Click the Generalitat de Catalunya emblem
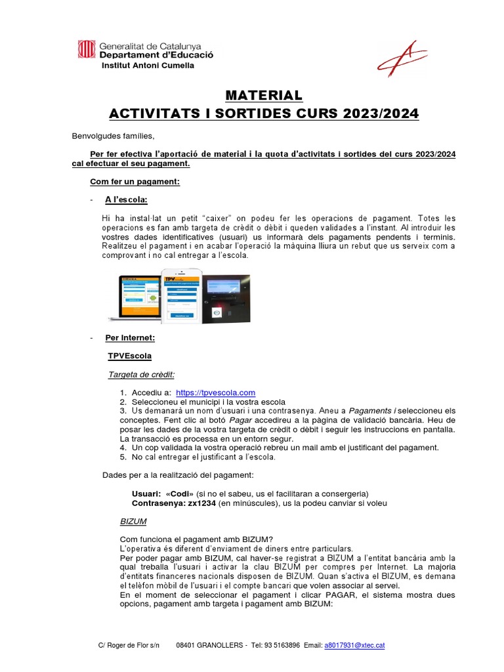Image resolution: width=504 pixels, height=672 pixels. (x=86, y=50)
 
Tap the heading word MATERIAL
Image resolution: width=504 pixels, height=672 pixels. (x=264, y=96)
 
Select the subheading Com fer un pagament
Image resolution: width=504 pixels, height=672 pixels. (x=135, y=181)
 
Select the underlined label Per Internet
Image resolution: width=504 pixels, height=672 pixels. (x=130, y=338)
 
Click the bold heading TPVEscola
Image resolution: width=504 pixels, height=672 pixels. (x=129, y=356)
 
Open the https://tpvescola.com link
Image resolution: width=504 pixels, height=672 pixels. (x=215, y=392)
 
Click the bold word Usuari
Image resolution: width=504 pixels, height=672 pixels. (x=144, y=493)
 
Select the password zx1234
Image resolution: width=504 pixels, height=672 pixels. (x=201, y=503)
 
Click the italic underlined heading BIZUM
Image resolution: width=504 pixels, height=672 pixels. (x=133, y=521)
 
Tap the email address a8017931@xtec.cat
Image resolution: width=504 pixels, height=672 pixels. (x=354, y=646)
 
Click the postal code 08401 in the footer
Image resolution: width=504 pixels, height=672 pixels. (x=188, y=646)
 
